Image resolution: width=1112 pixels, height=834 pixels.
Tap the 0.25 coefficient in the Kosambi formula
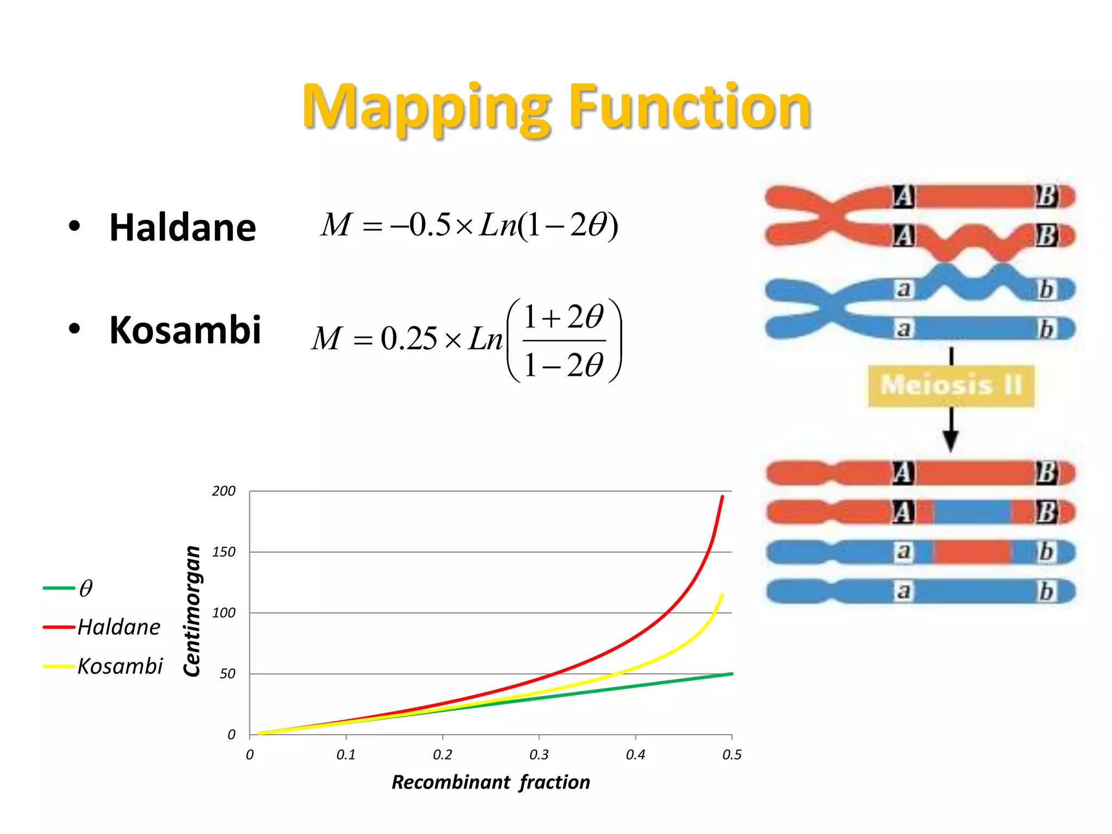point(408,339)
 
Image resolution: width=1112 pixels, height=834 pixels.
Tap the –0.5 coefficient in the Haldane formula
point(424,225)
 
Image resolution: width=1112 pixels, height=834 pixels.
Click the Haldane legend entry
point(118,627)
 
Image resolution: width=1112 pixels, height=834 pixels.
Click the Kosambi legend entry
point(119,666)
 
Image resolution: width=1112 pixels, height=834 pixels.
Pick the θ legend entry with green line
point(85,588)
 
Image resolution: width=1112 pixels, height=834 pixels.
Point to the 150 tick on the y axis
point(224,552)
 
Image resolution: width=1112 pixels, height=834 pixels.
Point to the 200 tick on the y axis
point(224,491)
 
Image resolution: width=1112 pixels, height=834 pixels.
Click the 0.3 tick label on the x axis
point(539,755)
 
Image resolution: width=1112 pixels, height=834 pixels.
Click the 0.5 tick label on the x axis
point(732,755)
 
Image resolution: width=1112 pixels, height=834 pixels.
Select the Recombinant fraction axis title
point(491,782)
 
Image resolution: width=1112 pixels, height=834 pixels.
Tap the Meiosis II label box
point(951,386)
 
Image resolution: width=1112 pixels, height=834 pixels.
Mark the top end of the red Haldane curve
point(722,497)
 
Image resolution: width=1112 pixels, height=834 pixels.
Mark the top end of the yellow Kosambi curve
point(722,595)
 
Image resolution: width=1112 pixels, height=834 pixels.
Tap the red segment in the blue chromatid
point(972,552)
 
